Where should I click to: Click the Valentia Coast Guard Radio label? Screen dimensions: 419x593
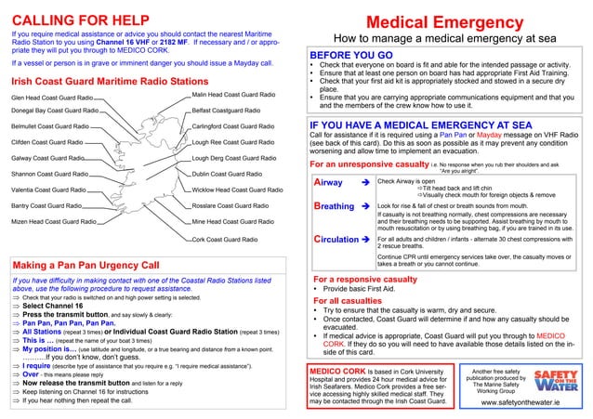(49, 189)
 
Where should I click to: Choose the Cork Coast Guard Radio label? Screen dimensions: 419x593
(223, 240)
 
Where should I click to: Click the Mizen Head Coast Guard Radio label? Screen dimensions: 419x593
(53, 222)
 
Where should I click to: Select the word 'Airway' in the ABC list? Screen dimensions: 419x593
(329, 182)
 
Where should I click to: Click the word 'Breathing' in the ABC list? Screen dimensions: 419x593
(335, 205)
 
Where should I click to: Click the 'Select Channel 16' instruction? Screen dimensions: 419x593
(62, 305)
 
